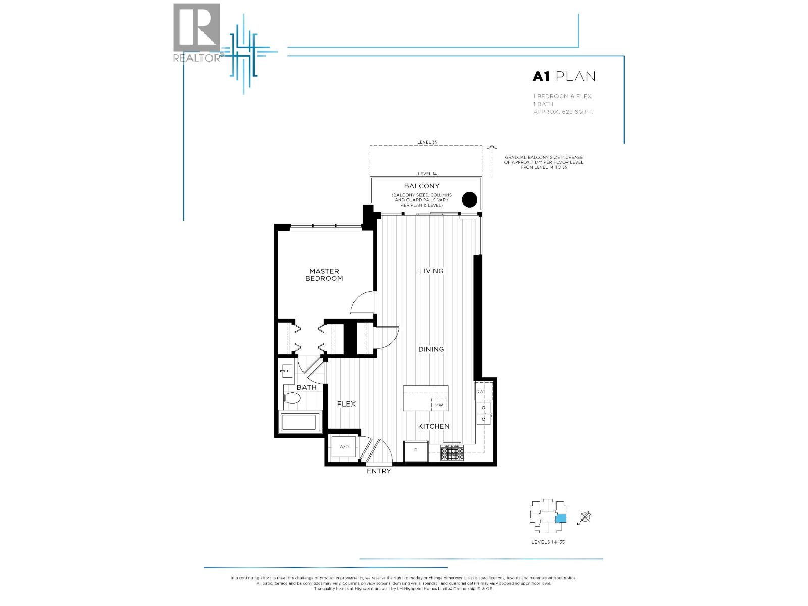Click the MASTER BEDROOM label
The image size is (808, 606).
tap(324, 275)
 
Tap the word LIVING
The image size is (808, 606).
tap(431, 271)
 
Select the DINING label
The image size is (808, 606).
tap(431, 349)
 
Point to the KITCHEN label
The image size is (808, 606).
tap(433, 426)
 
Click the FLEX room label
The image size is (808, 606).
tap(346, 403)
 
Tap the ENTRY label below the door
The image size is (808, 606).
tap(378, 471)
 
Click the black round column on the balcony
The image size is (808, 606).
tap(470, 200)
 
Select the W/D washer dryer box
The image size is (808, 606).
tap(344, 446)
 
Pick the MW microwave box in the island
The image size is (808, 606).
tap(439, 405)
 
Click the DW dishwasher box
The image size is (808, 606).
tap(480, 391)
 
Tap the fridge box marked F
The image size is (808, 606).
tap(416, 450)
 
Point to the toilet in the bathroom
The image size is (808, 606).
tap(292, 399)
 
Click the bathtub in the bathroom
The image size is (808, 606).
tap(300, 423)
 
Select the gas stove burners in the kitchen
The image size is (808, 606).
tap(452, 453)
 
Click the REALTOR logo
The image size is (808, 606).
tap(196, 32)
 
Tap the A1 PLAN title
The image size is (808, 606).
tap(564, 76)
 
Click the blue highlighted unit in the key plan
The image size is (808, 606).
tap(561, 518)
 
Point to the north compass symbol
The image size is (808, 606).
tap(585, 517)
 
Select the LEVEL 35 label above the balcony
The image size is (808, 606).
tap(427, 142)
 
